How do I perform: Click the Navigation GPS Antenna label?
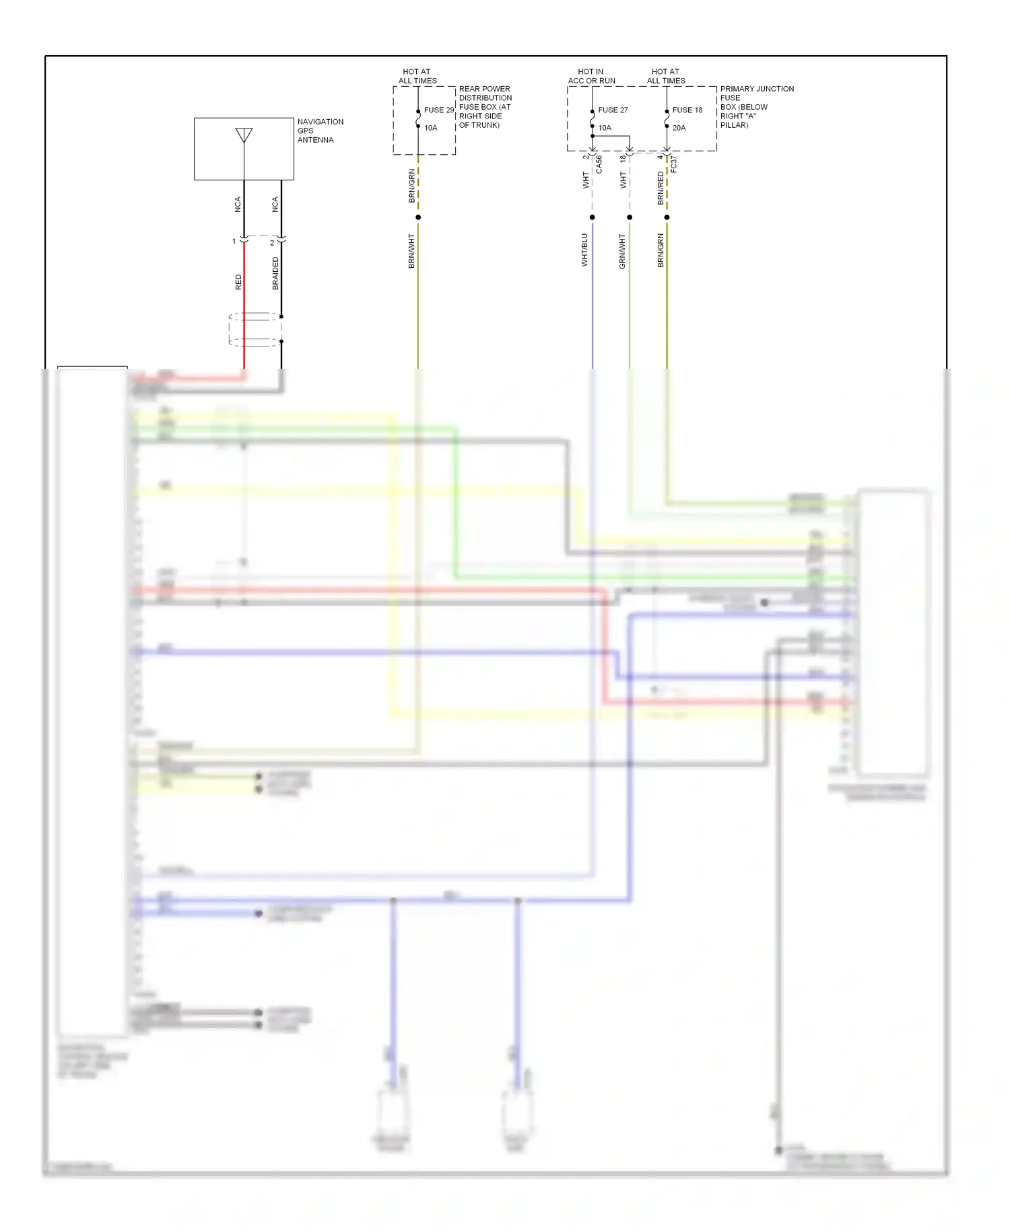320,131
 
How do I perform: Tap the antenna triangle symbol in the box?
244,135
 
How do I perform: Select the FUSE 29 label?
438,110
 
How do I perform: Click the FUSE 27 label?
613,110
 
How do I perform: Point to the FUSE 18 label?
687,110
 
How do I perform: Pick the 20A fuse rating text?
679,128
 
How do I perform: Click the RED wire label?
238,282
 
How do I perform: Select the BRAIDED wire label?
275,273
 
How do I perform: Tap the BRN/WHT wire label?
411,251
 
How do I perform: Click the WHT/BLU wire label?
584,250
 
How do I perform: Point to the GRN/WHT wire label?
622,251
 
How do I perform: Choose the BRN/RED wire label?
661,188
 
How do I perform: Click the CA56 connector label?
599,165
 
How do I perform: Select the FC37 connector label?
673,165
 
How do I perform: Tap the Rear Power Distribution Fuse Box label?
485,107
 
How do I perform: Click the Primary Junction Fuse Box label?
756,107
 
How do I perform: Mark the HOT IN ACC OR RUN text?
591,76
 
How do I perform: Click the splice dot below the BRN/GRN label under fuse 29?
418,217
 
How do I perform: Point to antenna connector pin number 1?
234,241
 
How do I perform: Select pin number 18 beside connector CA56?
623,159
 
